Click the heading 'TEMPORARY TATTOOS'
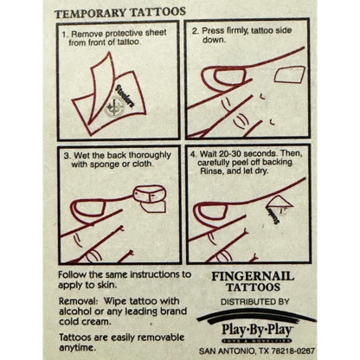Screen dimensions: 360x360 pos(119,13)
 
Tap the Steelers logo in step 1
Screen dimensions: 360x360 pos(115,107)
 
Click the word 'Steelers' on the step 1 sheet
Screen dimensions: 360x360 pos(125,96)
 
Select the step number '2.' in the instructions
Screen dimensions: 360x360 pos(196,30)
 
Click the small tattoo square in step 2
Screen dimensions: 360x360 pos(289,74)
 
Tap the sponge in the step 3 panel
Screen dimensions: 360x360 pos(150,194)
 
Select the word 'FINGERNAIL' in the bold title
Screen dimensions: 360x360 pos(253,276)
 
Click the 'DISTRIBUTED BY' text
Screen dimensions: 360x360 pos(255,302)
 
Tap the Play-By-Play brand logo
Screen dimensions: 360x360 pos(257,327)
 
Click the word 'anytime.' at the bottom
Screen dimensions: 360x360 pos(77,348)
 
